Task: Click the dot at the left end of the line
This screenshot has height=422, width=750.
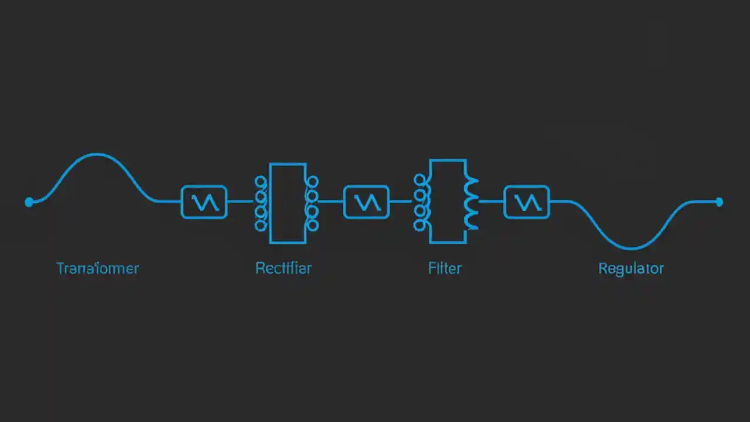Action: pyautogui.click(x=29, y=202)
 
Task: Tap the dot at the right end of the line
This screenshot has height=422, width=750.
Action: pyautogui.click(x=720, y=202)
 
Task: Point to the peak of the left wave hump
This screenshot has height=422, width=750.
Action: pyautogui.click(x=97, y=155)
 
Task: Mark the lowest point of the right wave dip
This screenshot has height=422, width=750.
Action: pyautogui.click(x=631, y=249)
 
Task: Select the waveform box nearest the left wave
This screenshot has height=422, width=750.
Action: pyautogui.click(x=204, y=202)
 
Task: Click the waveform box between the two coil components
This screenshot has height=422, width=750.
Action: pyautogui.click(x=366, y=202)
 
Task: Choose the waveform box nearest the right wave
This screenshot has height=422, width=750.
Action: pyautogui.click(x=527, y=202)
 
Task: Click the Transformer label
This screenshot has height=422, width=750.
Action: pyautogui.click(x=98, y=268)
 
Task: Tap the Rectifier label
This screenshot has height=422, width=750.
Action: pyautogui.click(x=284, y=268)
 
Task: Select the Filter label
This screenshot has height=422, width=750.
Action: pyautogui.click(x=445, y=268)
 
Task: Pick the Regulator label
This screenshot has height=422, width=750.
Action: pyautogui.click(x=631, y=269)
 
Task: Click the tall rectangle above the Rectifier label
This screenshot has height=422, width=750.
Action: pyautogui.click(x=287, y=203)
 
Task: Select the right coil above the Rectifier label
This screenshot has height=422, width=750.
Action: pyautogui.click(x=312, y=203)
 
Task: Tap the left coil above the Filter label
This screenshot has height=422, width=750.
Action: pyautogui.click(x=421, y=202)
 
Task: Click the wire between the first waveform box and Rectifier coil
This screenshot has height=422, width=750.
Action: pyautogui.click(x=240, y=202)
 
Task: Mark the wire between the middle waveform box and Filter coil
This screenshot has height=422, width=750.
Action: pyautogui.click(x=401, y=202)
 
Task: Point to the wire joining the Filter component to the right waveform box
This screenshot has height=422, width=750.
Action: pyautogui.click(x=491, y=202)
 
